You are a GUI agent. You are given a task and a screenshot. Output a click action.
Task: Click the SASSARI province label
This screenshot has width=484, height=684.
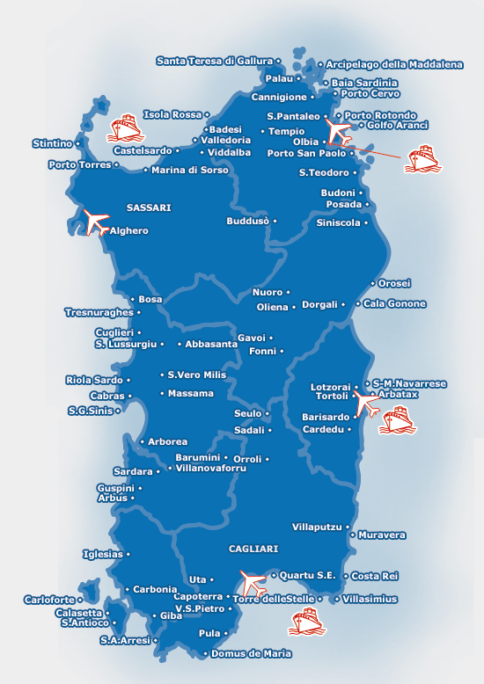click(149, 207)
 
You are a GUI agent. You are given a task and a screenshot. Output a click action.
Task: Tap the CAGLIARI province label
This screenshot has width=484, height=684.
click(253, 549)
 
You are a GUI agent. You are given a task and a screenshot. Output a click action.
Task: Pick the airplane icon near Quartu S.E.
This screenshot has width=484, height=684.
click(253, 581)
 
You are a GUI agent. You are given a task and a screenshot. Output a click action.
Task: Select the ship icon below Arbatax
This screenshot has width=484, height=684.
click(397, 420)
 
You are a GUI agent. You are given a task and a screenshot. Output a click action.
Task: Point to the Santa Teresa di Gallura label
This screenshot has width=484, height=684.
click(215, 61)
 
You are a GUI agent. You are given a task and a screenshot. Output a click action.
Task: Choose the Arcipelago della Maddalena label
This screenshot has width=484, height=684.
click(394, 64)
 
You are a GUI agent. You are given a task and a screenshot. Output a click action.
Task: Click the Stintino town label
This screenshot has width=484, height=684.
click(52, 142)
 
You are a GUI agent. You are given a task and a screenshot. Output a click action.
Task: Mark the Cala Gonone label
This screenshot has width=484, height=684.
click(394, 304)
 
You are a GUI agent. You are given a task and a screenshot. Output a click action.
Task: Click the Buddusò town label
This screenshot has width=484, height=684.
click(247, 222)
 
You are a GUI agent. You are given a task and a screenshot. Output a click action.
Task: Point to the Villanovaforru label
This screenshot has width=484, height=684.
click(213, 469)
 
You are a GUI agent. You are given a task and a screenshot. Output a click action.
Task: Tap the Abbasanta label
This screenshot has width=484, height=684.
click(211, 345)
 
